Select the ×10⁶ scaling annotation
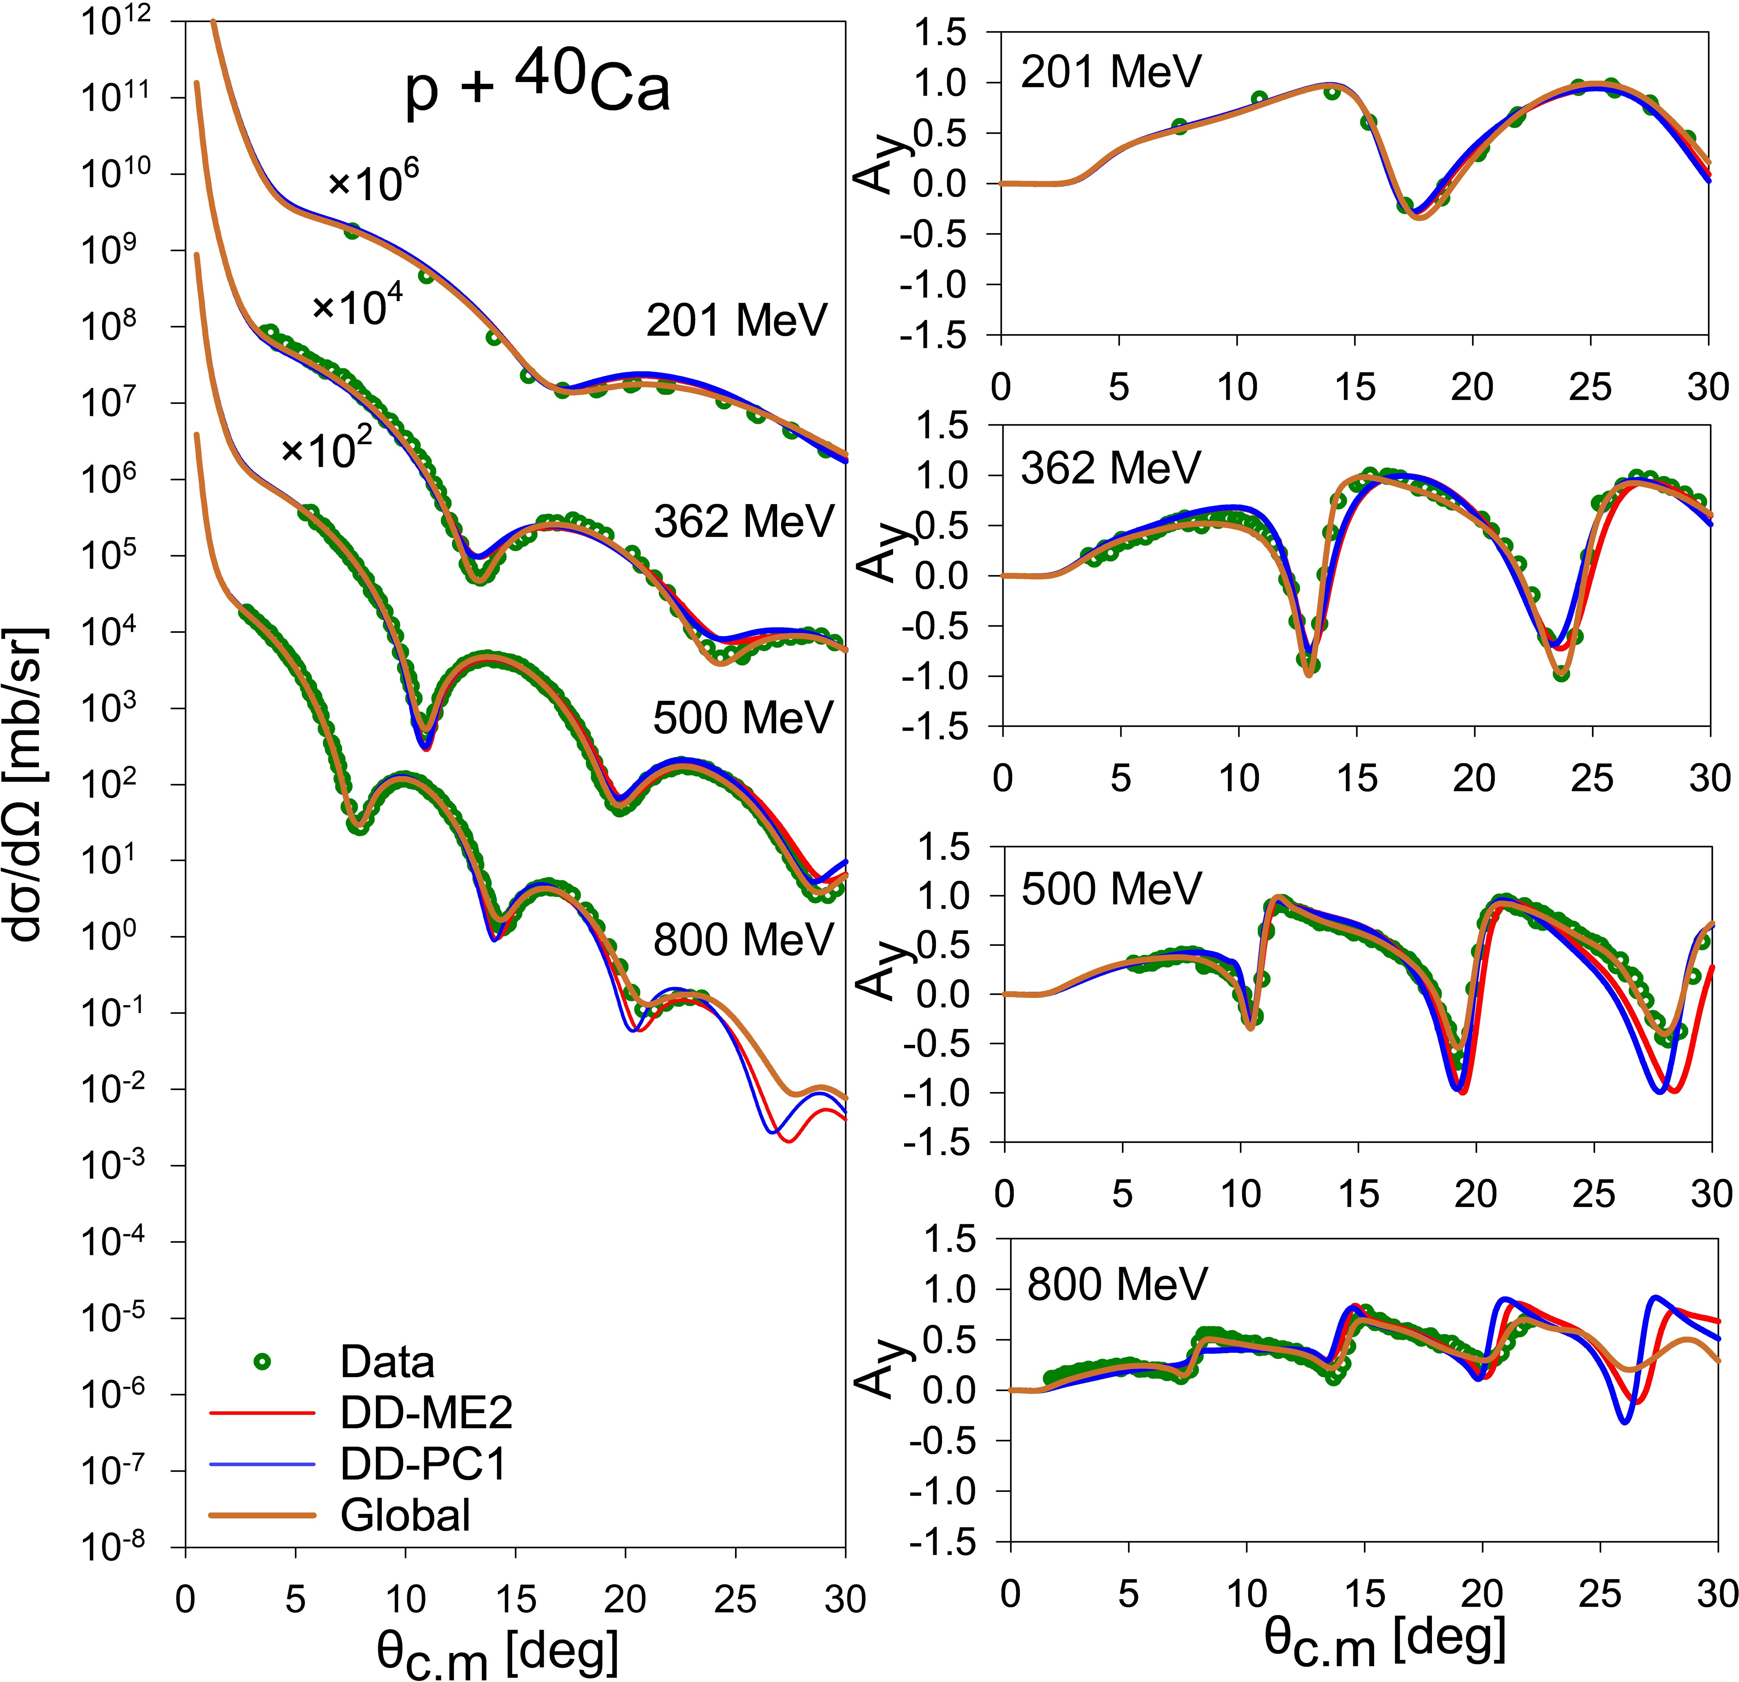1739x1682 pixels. (x=373, y=182)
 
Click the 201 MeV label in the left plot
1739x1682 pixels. (x=736, y=320)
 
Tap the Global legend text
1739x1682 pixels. (x=404, y=1514)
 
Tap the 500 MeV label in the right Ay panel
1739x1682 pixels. (x=1111, y=888)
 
